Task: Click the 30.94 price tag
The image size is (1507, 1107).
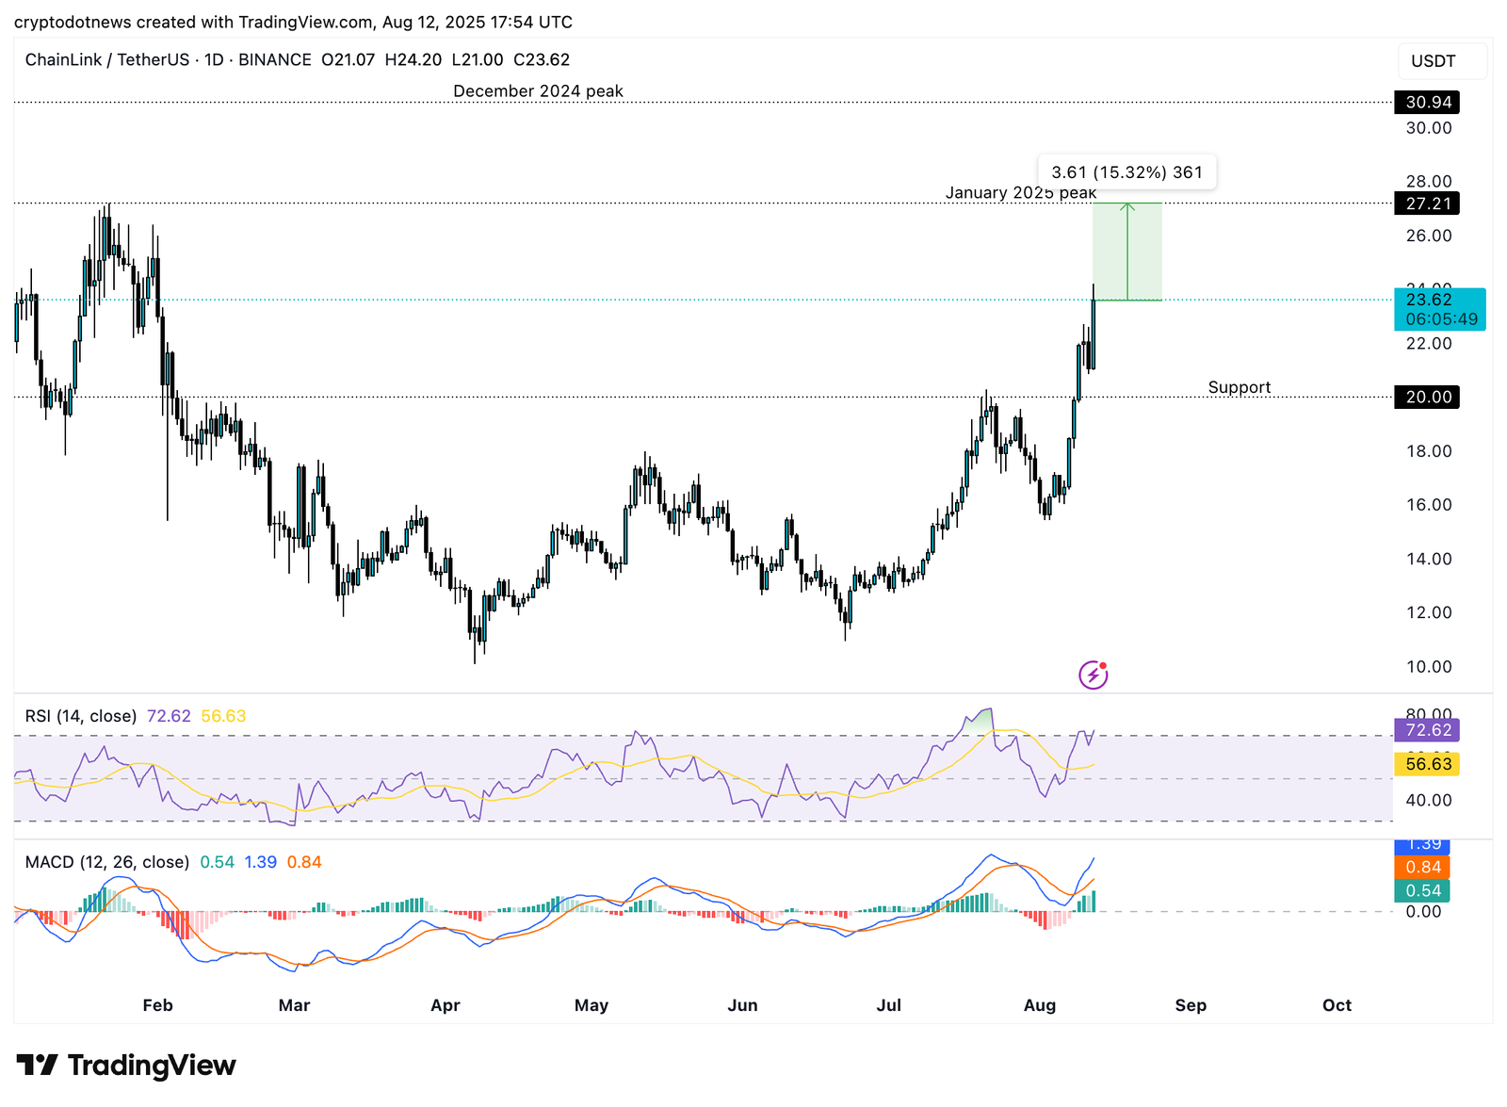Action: [x=1427, y=102]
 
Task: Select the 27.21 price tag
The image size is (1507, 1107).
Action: [x=1427, y=203]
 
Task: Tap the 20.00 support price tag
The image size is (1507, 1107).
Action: [x=1427, y=397]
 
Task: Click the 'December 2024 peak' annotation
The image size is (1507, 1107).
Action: [x=538, y=91]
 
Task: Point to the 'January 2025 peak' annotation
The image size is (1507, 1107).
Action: [x=1020, y=193]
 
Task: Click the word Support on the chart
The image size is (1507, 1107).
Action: [x=1239, y=387]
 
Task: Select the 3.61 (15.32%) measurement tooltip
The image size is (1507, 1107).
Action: [x=1126, y=172]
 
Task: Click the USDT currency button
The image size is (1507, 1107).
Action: [x=1433, y=61]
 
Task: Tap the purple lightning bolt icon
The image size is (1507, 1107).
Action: [x=1093, y=675]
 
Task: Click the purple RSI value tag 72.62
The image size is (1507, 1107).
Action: [x=1427, y=730]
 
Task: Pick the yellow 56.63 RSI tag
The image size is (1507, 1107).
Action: [x=1427, y=764]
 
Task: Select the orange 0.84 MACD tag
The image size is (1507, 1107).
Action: [x=1423, y=867]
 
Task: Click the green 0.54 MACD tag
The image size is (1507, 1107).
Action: [x=1423, y=890]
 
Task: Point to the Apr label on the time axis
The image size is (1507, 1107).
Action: [x=445, y=1005]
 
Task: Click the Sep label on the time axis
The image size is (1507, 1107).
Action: [x=1191, y=1005]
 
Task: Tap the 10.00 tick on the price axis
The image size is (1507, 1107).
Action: [x=1428, y=666]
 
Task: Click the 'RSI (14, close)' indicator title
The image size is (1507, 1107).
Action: [x=81, y=716]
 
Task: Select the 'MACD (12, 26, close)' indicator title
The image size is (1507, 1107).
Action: [x=106, y=862]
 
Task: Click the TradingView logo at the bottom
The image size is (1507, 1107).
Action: [x=126, y=1066]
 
